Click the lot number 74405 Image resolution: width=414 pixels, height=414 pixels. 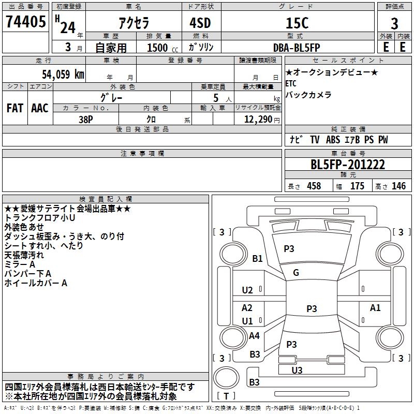pyautogui.click(x=25, y=21)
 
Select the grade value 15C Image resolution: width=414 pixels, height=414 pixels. pyautogui.click(x=297, y=23)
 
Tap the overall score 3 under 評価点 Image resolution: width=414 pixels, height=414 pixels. pyautogui.click(x=394, y=24)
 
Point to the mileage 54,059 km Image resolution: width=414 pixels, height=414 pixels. pyautogui.click(x=63, y=74)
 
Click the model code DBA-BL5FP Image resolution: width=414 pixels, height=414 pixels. pyautogui.click(x=297, y=48)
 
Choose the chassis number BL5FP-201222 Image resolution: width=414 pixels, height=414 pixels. pyautogui.click(x=348, y=165)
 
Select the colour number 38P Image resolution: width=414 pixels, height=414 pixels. pyautogui.click(x=86, y=120)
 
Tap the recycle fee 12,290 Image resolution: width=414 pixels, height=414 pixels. pyautogui.click(x=258, y=120)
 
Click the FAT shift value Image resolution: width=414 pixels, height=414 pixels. pyautogui.click(x=15, y=108)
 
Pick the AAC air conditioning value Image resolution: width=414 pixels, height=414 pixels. pyautogui.click(x=40, y=108)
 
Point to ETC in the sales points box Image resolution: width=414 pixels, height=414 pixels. pyautogui.click(x=291, y=83)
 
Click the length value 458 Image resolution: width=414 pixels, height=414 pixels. pyautogui.click(x=314, y=186)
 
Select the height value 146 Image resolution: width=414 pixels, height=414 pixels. pyautogui.click(x=398, y=186)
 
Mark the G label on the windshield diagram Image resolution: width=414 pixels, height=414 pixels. pyautogui.click(x=296, y=273)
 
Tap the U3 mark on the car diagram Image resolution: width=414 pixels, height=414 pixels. pyautogui.click(x=297, y=370)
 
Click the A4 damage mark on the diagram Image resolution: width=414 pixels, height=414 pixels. pyautogui.click(x=254, y=336)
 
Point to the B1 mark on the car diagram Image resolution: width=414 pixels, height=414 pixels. pyautogui.click(x=257, y=258)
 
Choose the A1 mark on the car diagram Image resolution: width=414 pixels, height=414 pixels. pyautogui.click(x=375, y=307)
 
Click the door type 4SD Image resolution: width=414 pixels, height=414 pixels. pyautogui.click(x=200, y=23)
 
